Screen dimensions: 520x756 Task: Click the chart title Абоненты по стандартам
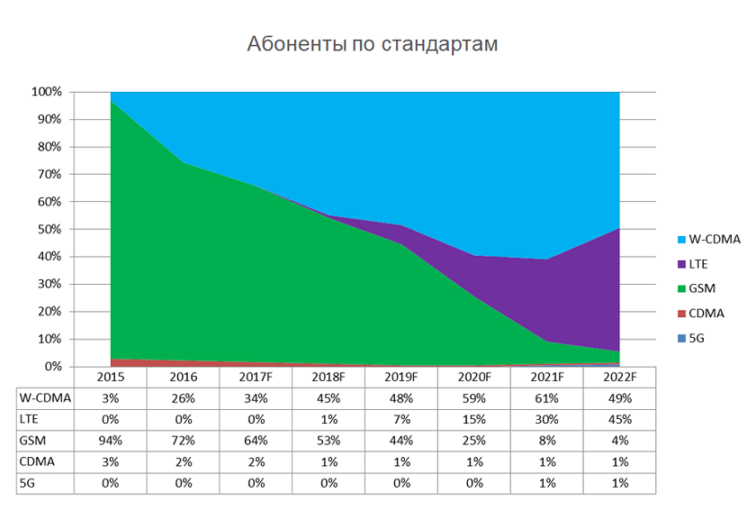tap(372, 44)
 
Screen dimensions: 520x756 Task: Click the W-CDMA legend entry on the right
tap(711, 239)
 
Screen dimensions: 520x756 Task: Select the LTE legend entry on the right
tap(699, 263)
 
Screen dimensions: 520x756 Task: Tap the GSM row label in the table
tap(35, 441)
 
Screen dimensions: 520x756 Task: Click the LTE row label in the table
tap(32, 419)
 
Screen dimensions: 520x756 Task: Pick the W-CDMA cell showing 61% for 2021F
tap(546, 397)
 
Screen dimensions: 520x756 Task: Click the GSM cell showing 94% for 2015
tap(111, 441)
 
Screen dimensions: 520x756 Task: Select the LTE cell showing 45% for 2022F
tap(619, 419)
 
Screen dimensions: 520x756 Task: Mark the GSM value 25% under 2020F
tap(474, 441)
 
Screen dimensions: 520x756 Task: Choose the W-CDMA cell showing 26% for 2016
tap(184, 397)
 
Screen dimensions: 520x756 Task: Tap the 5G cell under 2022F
tap(619, 483)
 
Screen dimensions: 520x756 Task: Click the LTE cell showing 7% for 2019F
tap(401, 419)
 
